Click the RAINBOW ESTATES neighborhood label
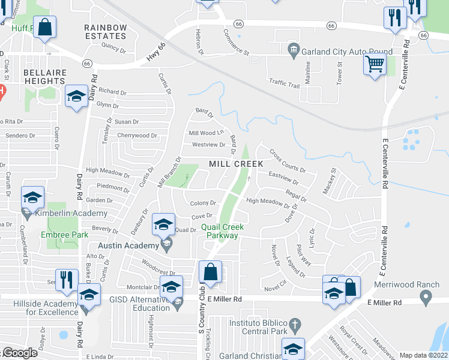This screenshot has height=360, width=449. pyautogui.click(x=105, y=32)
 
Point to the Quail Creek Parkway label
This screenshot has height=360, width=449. pyautogui.click(x=220, y=231)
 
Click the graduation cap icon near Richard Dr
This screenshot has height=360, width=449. pyautogui.click(x=76, y=97)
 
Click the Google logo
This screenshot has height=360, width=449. pyautogui.click(x=19, y=353)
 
